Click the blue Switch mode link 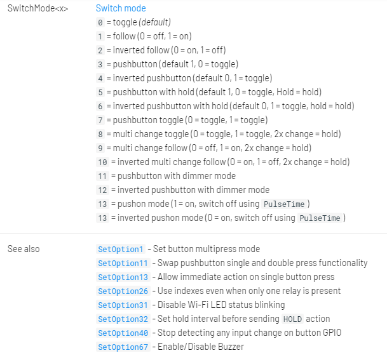click(x=121, y=8)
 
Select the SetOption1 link click(x=121, y=249)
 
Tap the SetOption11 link click(x=123, y=263)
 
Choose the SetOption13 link click(x=123, y=277)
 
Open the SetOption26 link click(x=123, y=291)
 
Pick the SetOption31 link click(x=123, y=305)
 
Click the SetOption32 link click(x=123, y=319)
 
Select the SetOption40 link click(x=123, y=333)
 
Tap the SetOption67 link click(x=123, y=347)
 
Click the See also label click(x=24, y=249)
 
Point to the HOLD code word click(x=293, y=319)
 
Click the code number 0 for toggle click(x=100, y=22)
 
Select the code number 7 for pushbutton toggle click(x=100, y=120)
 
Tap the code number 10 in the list click(x=102, y=162)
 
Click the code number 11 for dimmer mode click(x=102, y=176)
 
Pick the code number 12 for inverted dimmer click(x=102, y=190)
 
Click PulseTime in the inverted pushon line click(x=320, y=218)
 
